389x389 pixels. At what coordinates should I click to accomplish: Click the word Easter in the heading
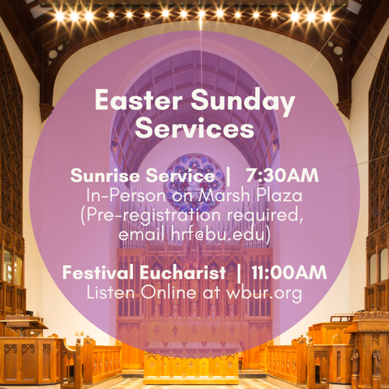point(135,102)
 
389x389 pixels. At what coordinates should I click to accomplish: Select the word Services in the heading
point(194,128)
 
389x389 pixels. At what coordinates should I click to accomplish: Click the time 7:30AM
point(282,175)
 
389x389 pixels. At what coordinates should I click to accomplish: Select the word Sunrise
point(101,175)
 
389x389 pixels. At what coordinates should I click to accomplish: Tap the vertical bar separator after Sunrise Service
point(228,175)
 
